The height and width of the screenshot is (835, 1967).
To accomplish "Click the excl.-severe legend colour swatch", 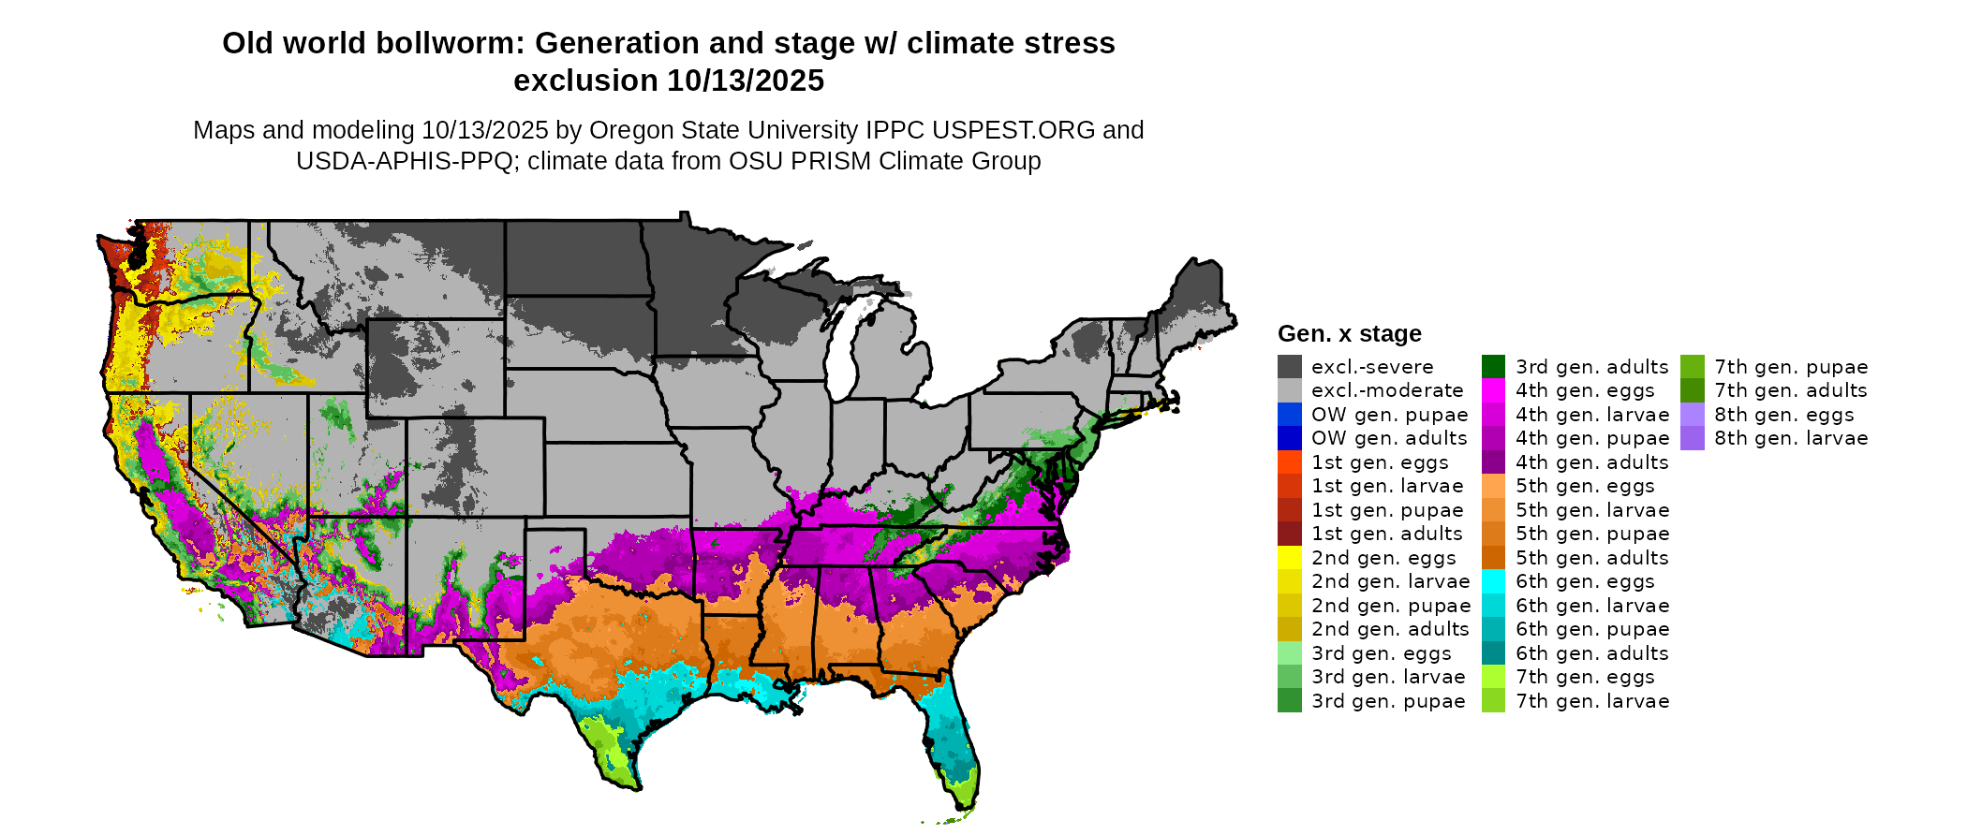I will pos(1289,367).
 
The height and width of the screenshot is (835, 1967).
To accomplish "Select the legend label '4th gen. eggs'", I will pos(1585,390).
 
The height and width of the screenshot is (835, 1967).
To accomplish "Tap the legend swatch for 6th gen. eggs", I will pos(1493,581).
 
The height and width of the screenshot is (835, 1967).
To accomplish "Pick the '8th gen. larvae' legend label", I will pos(1791,438).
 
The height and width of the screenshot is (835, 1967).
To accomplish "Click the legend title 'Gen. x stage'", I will pos(1349,334).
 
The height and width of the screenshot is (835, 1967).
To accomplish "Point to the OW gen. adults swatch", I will pos(1289,438).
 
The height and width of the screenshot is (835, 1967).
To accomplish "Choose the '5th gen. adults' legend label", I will pos(1591,558).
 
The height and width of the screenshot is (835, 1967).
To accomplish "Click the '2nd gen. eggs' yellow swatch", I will pos(1289,558).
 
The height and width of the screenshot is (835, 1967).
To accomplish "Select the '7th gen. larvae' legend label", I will pos(1592,701).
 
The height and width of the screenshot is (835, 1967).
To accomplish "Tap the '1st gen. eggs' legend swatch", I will pos(1289,462).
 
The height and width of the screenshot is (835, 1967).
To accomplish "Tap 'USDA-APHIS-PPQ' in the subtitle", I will pos(405,161).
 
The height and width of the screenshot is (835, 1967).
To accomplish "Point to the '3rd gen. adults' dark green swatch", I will pos(1493,367).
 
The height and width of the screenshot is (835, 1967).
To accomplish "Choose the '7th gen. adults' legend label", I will pos(1791,390).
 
